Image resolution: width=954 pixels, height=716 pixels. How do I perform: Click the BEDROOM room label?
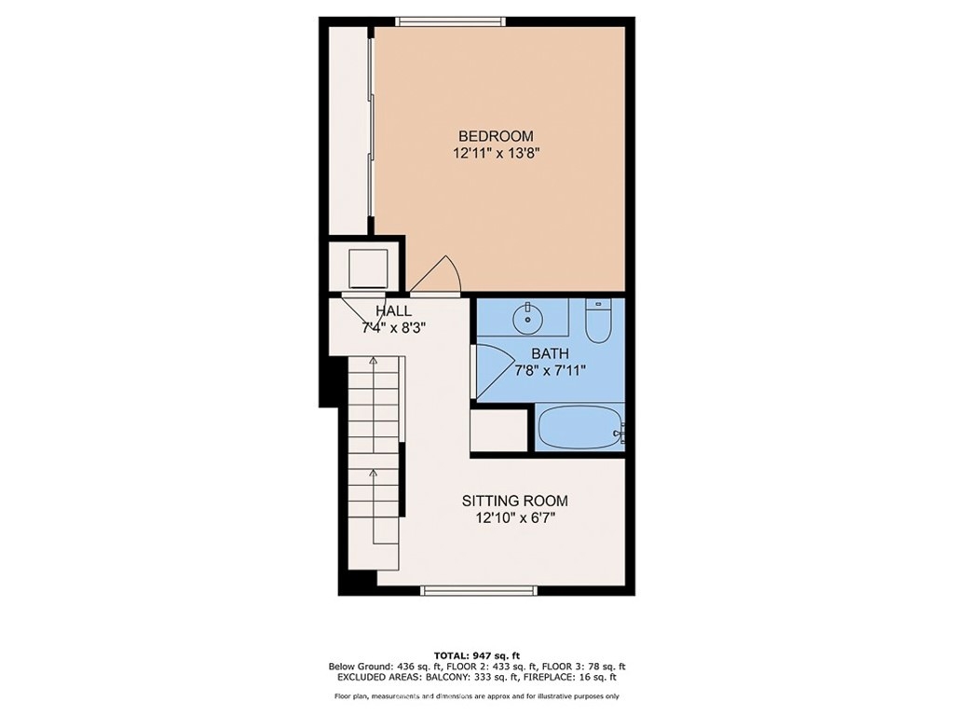tap(496, 136)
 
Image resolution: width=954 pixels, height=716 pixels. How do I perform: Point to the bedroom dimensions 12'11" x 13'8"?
tap(497, 154)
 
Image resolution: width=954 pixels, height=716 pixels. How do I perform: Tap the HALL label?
tap(393, 310)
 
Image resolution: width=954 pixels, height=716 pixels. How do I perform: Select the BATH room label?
tap(550, 353)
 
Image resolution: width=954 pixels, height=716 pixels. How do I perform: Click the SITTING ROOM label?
tap(514, 501)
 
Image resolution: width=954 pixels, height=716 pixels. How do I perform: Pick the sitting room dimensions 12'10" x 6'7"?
tap(515, 518)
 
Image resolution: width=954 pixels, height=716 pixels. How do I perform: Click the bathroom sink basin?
tap(527, 317)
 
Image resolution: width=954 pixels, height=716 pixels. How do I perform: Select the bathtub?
tap(580, 427)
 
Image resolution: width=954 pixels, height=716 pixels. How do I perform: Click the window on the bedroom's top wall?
tap(450, 22)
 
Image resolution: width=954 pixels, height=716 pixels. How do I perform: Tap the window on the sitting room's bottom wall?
tap(480, 589)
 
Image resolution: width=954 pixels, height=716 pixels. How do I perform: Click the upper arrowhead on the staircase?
tap(373, 361)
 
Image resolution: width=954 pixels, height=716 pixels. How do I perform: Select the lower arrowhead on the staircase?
tap(373, 472)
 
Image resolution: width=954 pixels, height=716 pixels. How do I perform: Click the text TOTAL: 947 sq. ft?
tap(477, 655)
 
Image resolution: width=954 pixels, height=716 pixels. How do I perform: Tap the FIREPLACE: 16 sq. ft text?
tap(578, 677)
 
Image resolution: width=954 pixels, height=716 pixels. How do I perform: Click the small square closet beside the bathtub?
tap(499, 431)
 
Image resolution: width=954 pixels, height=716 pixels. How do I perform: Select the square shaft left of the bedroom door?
tap(368, 268)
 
